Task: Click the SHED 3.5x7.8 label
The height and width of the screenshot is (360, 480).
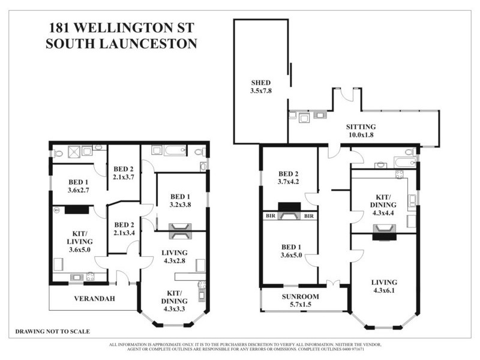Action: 261,87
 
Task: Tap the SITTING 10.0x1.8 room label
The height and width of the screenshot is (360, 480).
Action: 361,131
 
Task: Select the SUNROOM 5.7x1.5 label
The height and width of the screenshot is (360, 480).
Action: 301,301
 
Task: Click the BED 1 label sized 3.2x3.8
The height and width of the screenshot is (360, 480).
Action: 181,200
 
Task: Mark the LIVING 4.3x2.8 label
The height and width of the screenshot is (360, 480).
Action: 175,257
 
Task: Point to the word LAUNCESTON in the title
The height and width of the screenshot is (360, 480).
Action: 148,44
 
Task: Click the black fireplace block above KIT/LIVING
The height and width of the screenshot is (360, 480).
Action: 77,210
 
